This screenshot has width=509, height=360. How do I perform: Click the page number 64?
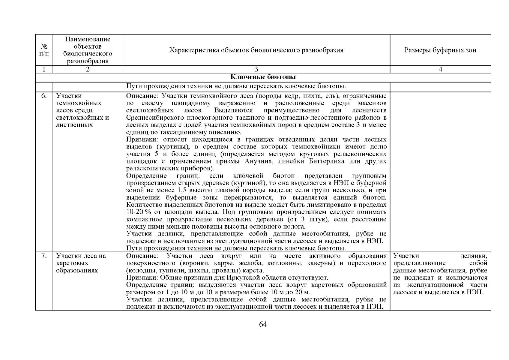(263, 324)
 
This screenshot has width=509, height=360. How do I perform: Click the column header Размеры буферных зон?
(440, 50)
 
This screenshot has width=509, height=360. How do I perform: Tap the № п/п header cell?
(44, 50)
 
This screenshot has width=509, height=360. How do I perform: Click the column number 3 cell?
(256, 69)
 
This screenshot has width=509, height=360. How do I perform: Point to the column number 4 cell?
(440, 69)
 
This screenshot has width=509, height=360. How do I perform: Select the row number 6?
(44, 96)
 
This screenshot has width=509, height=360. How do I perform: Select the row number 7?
(44, 256)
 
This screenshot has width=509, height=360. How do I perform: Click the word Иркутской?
(243, 277)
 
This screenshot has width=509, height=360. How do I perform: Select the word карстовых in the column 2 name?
(72, 263)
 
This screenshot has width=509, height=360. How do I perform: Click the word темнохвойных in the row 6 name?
(79, 103)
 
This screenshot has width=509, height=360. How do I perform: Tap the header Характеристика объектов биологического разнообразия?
(256, 50)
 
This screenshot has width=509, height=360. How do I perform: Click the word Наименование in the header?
(88, 39)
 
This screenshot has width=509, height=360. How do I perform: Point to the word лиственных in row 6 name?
(74, 125)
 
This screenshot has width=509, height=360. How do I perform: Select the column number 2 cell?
(88, 69)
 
